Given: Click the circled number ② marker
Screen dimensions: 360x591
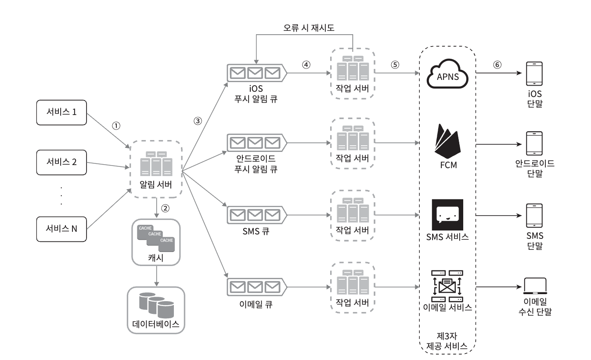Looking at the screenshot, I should click(166, 208).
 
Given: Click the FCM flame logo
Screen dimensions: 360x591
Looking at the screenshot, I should click(447, 140).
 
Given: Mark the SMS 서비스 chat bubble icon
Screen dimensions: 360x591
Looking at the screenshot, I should click(447, 215).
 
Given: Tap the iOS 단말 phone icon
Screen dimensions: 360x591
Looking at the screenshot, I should click(534, 74).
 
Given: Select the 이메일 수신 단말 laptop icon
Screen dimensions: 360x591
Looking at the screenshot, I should click(534, 287).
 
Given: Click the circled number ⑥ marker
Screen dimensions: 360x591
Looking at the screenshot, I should click(497, 64).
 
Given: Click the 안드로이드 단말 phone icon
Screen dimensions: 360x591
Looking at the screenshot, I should click(534, 144).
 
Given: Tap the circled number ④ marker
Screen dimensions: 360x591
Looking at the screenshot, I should click(306, 64).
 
